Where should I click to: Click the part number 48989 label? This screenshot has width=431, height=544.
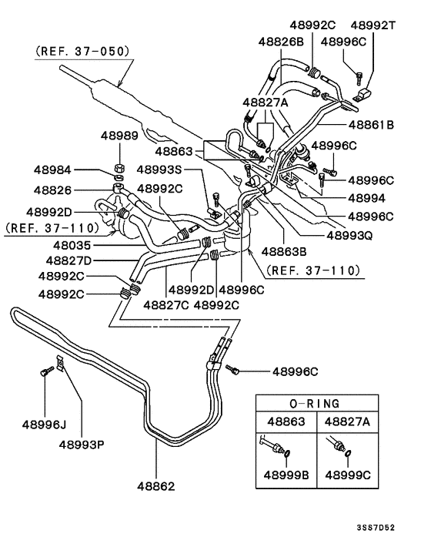[x=119, y=136]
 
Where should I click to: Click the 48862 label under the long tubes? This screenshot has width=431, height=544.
[x=157, y=486]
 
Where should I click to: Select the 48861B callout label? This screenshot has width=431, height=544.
[x=371, y=123]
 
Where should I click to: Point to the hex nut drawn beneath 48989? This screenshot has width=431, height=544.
[x=119, y=166]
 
